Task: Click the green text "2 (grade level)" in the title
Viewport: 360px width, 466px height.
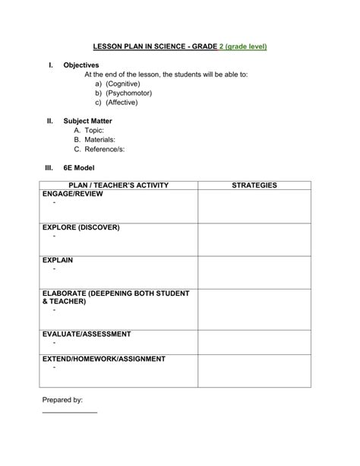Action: click(x=242, y=46)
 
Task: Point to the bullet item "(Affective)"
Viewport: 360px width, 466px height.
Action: click(x=122, y=102)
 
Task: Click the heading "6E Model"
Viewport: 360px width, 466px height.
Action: click(x=79, y=168)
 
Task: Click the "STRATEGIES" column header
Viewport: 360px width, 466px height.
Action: click(x=254, y=185)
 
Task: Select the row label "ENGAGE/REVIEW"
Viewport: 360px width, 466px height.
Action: click(x=73, y=195)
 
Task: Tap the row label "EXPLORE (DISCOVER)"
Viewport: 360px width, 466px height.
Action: click(x=81, y=227)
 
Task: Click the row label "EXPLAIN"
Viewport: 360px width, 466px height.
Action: click(x=58, y=260)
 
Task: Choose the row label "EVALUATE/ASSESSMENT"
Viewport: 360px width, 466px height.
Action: click(x=87, y=334)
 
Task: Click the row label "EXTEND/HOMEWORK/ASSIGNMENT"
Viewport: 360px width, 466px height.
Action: click(x=104, y=358)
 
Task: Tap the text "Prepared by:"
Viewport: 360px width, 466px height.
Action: click(x=62, y=399)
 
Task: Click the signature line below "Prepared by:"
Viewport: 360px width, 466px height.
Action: click(x=69, y=412)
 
